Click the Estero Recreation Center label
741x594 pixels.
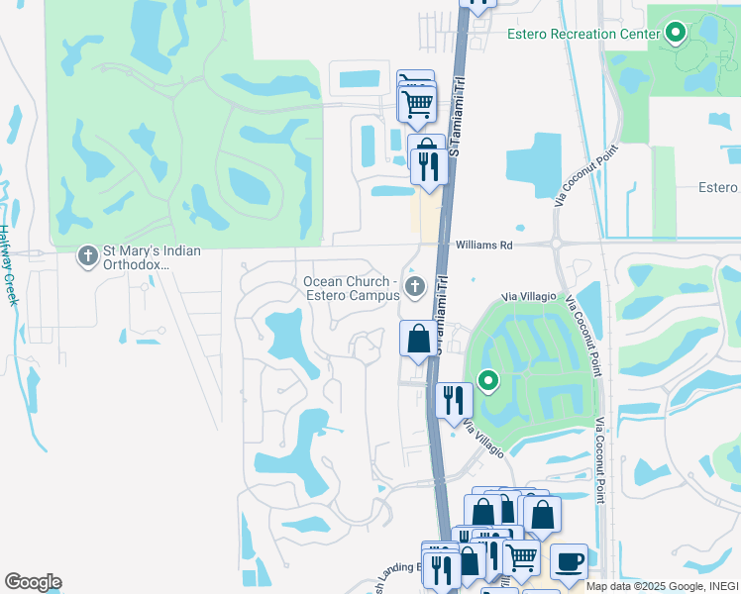click(583, 35)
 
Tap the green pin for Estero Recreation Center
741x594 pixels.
click(677, 34)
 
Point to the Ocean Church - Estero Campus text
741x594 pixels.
click(350, 288)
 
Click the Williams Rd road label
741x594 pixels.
click(483, 245)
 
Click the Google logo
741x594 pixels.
click(33, 582)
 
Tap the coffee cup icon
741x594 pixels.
click(569, 560)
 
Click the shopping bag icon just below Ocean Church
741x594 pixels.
click(418, 338)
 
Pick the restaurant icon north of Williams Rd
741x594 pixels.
click(428, 166)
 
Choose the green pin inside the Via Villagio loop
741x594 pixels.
click(487, 380)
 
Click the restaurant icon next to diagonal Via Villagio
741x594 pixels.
click(454, 400)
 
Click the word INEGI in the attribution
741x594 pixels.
click(721, 586)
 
